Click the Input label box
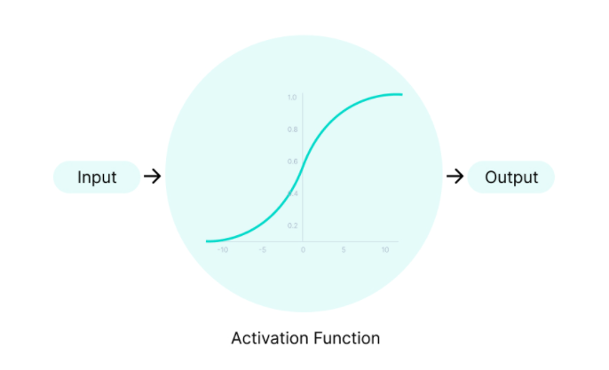point(97,177)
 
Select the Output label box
point(511,177)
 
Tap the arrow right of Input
point(153,177)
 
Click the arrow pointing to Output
point(455,177)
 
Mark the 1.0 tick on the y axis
point(291,97)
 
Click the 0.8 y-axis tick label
point(291,130)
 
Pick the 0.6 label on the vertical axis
point(291,161)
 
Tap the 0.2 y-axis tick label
point(291,225)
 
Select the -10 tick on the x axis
point(223,250)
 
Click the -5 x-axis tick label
point(263,250)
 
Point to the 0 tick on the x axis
point(303,250)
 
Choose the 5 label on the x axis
point(344,250)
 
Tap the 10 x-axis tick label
point(384,250)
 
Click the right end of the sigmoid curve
point(401,94)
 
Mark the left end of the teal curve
point(207,240)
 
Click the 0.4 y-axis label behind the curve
point(295,193)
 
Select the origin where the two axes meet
point(303,241)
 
